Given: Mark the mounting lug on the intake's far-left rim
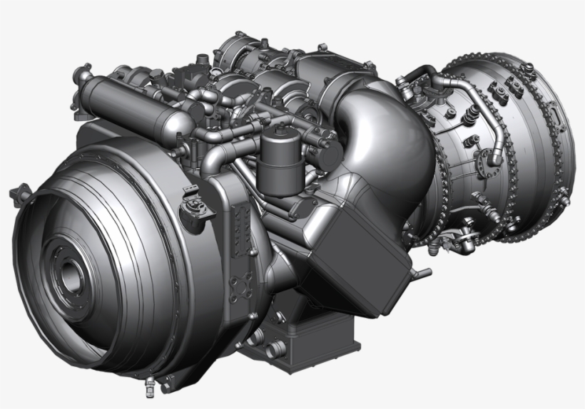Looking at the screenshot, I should (x=18, y=193).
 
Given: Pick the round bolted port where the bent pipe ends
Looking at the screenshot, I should (x=494, y=156).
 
